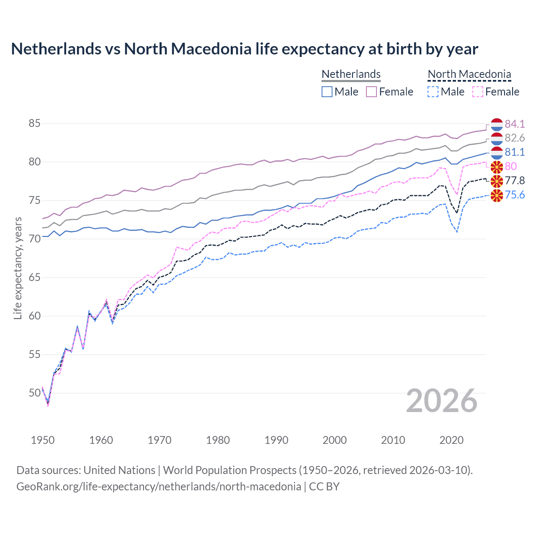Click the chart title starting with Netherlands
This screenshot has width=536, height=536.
click(245, 49)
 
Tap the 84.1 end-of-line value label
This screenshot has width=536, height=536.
click(515, 124)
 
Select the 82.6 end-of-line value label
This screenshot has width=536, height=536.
click(515, 138)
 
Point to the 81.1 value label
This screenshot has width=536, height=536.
click(515, 152)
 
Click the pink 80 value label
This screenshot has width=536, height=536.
click(511, 166)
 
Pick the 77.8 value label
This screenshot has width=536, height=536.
click(515, 180)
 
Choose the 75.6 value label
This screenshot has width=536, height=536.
click(515, 195)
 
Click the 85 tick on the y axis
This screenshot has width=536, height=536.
click(34, 124)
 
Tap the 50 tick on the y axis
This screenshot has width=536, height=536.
click(34, 393)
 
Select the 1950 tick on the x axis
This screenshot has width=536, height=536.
click(43, 440)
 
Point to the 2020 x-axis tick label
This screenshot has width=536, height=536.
click(451, 440)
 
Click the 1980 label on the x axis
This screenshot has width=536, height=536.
click(218, 440)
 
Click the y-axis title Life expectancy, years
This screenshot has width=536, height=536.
click(18, 268)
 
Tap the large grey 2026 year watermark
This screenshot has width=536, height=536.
click(442, 401)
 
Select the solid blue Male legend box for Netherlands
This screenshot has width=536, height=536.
click(327, 92)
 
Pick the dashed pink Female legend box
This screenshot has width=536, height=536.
click(478, 92)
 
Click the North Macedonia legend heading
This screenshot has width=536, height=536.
click(469, 74)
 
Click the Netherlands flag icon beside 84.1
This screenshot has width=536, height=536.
click(496, 124)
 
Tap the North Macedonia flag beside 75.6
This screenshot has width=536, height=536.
click(496, 195)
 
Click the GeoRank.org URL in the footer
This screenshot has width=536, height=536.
click(159, 487)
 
